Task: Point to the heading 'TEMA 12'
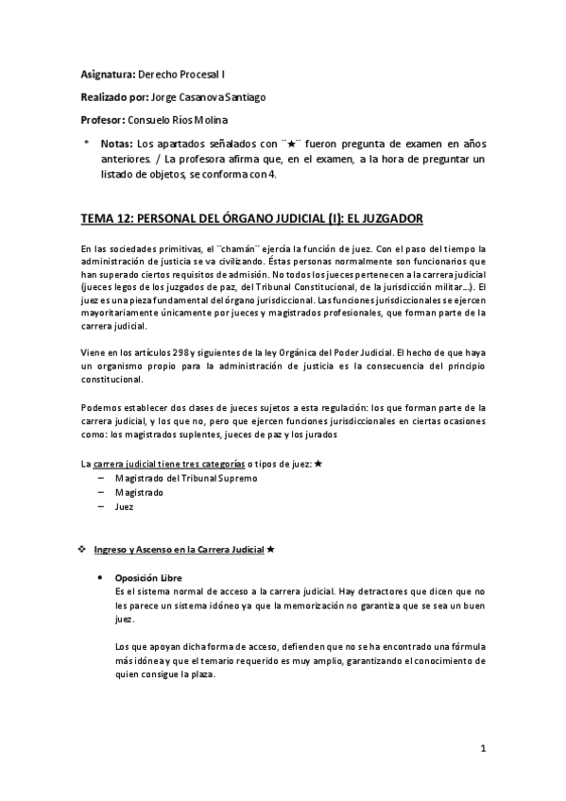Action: click(x=107, y=217)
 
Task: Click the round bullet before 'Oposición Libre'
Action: click(x=100, y=578)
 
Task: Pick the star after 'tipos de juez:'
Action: click(x=317, y=464)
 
